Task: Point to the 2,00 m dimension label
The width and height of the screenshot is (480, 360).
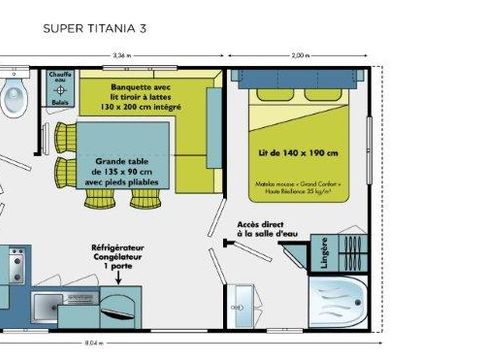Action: (x=299, y=56)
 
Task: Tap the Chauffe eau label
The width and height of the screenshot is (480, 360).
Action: (x=58, y=79)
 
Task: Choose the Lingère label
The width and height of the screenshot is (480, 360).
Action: (x=322, y=254)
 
